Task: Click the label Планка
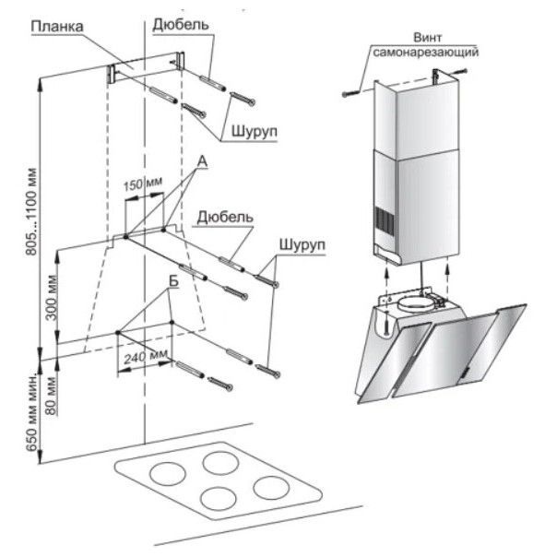(x=56, y=27)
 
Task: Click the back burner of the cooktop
(x=220, y=458)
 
